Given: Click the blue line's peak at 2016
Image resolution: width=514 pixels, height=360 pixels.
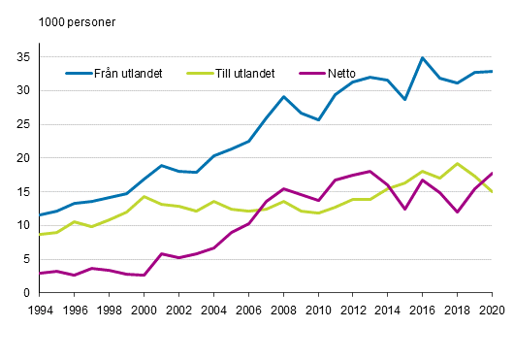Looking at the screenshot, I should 422,58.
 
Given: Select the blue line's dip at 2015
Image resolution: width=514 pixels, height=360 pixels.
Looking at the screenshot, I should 404,100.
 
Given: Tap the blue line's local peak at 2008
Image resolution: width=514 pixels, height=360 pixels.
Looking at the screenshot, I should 282,97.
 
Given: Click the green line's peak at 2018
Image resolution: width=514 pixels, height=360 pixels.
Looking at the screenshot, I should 457,164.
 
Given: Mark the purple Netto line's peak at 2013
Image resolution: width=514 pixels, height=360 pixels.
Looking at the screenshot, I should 369,172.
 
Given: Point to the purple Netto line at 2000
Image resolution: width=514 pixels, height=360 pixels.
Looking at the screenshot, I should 144,276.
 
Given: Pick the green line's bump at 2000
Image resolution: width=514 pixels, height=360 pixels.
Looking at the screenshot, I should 144,197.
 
